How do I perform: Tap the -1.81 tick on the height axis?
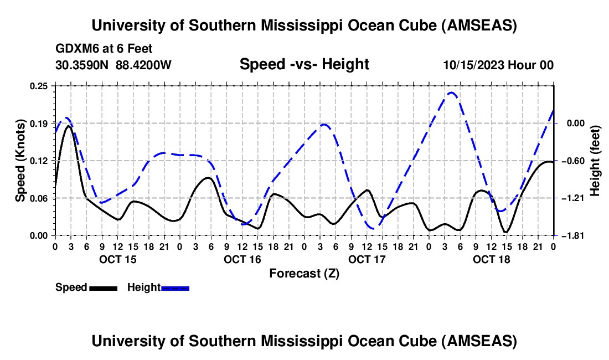(x=570, y=235)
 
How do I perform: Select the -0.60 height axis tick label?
(x=570, y=161)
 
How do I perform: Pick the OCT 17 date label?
(x=367, y=259)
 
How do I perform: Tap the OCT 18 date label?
(x=491, y=259)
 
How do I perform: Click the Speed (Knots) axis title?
(x=20, y=161)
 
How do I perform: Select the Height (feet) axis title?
(x=596, y=161)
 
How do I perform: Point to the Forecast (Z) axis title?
(x=304, y=273)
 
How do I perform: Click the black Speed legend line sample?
(x=103, y=288)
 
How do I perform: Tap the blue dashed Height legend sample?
(x=175, y=288)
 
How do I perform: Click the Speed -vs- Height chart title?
(x=304, y=64)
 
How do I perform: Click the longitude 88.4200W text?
(x=143, y=65)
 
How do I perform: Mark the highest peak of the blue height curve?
(x=451, y=92)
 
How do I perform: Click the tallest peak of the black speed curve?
(x=69, y=126)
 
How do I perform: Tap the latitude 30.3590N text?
(x=82, y=65)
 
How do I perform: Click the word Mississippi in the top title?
(x=303, y=25)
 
